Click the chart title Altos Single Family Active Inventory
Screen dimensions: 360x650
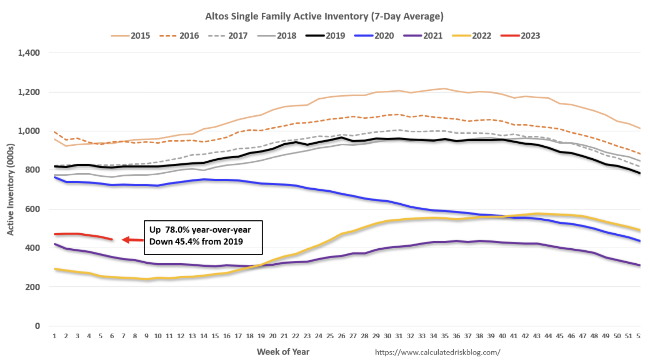pos(324,17)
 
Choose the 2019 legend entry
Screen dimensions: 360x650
pos(326,36)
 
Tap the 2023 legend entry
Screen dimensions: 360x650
pos(520,36)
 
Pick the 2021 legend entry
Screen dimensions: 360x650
pos(423,36)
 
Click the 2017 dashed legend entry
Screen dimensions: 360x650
pos(228,36)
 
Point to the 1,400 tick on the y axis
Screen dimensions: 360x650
pos(29,53)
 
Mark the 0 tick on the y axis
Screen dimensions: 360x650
pos(38,326)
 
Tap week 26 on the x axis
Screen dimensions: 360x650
pos(342,336)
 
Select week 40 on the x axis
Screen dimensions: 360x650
pos(502,336)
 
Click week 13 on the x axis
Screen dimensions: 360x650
pos(192,336)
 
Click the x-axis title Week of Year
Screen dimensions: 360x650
pos(283,352)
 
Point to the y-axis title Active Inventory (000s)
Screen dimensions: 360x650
pos(11,189)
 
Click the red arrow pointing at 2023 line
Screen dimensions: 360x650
pos(133,240)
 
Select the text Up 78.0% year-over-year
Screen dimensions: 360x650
pos(200,230)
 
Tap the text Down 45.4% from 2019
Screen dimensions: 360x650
pos(196,242)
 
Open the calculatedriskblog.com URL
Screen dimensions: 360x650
pos(438,352)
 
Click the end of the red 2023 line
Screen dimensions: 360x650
pos(112,239)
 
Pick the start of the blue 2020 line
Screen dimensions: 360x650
pos(55,178)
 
